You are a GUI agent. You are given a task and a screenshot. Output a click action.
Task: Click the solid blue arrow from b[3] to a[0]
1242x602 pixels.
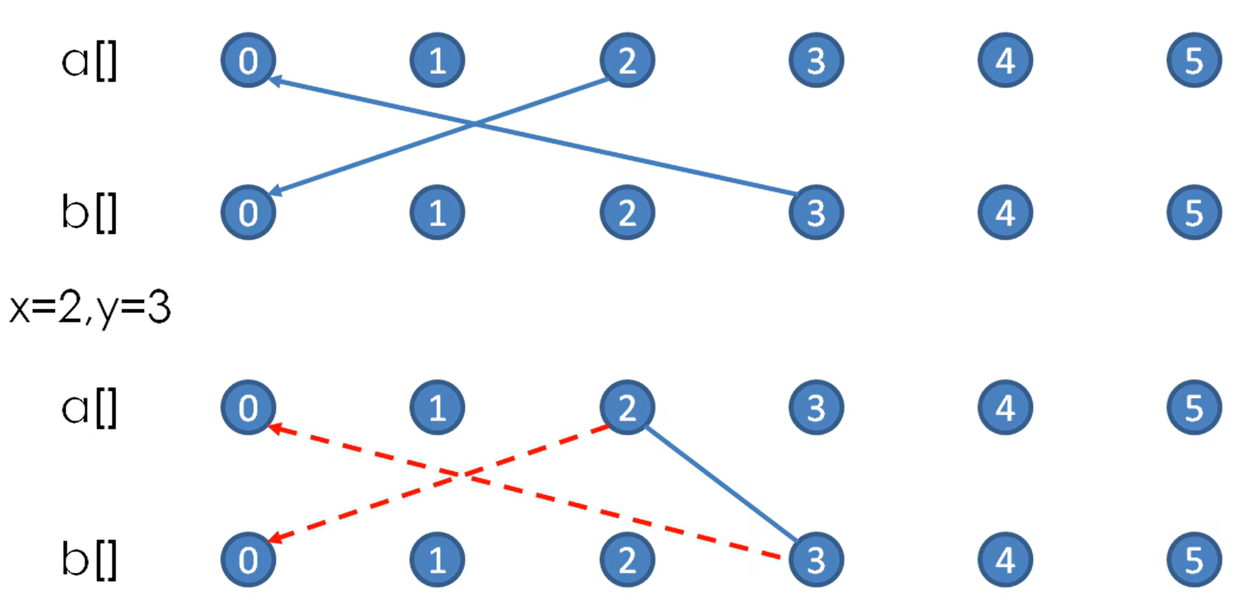tap(631, 157)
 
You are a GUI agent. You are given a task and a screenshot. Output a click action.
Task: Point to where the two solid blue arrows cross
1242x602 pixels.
tap(475, 124)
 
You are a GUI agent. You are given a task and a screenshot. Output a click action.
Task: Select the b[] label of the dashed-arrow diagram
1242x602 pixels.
tap(89, 560)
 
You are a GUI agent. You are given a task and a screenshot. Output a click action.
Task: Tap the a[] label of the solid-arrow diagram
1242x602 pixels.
tap(89, 62)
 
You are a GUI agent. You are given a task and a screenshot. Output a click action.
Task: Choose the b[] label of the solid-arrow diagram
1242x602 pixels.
tap(89, 213)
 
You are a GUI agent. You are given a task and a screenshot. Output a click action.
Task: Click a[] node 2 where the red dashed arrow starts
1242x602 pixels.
tap(626, 407)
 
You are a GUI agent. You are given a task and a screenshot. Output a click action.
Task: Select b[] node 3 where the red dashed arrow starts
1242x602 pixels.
tap(816, 559)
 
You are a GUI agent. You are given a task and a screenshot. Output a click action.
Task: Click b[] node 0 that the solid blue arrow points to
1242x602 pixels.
tap(248, 212)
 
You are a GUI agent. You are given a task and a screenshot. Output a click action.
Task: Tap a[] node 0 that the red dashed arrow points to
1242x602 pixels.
tap(248, 407)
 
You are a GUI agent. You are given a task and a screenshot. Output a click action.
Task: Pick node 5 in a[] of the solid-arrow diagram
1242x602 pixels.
tap(1194, 60)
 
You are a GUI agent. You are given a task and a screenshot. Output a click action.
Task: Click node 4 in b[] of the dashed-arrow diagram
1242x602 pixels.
tap(1005, 559)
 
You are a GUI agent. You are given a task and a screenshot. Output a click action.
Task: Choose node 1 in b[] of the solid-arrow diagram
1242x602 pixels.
tap(437, 212)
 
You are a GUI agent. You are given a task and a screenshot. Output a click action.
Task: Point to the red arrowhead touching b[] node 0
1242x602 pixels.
tap(275, 539)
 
